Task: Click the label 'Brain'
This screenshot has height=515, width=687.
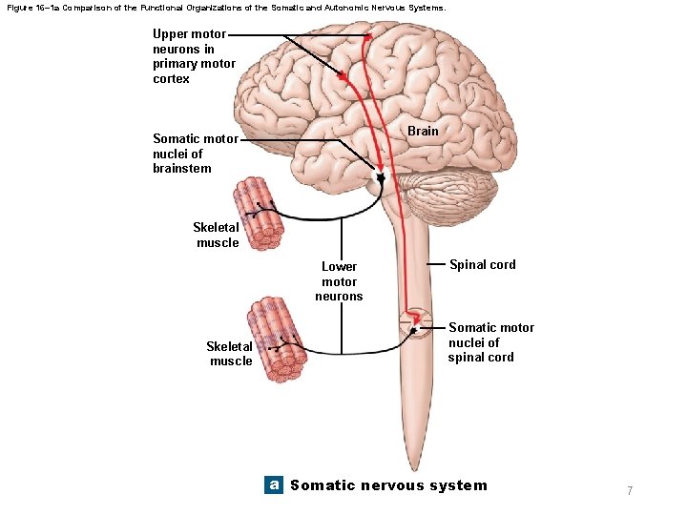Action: click(x=423, y=131)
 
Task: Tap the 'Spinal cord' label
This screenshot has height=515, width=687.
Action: click(x=482, y=264)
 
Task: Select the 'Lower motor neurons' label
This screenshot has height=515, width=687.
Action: click(x=339, y=281)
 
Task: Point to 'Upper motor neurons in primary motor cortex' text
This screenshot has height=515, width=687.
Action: click(x=189, y=56)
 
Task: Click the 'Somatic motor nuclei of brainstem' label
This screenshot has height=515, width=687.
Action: click(x=195, y=154)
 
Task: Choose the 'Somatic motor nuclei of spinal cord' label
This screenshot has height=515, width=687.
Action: click(x=490, y=342)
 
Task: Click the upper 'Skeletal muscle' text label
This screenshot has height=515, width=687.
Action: click(x=217, y=235)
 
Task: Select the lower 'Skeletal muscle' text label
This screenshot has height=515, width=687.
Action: click(x=230, y=354)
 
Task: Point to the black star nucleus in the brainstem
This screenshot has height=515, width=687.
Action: click(x=382, y=178)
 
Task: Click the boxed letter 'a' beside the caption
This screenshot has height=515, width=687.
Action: click(x=274, y=484)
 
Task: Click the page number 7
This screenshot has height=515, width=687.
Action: click(x=630, y=490)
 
